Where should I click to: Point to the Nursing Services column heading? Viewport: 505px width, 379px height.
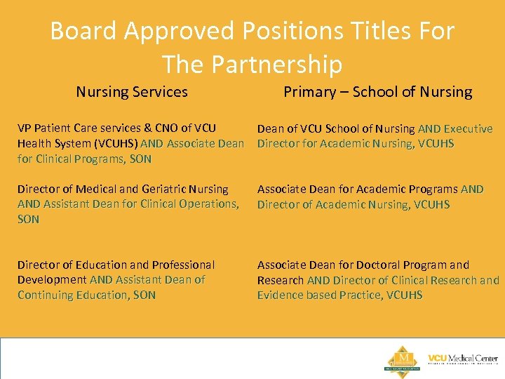pos(132,91)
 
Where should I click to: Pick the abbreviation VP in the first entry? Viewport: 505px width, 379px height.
pos(25,128)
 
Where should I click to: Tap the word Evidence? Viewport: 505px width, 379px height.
pos(281,295)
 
